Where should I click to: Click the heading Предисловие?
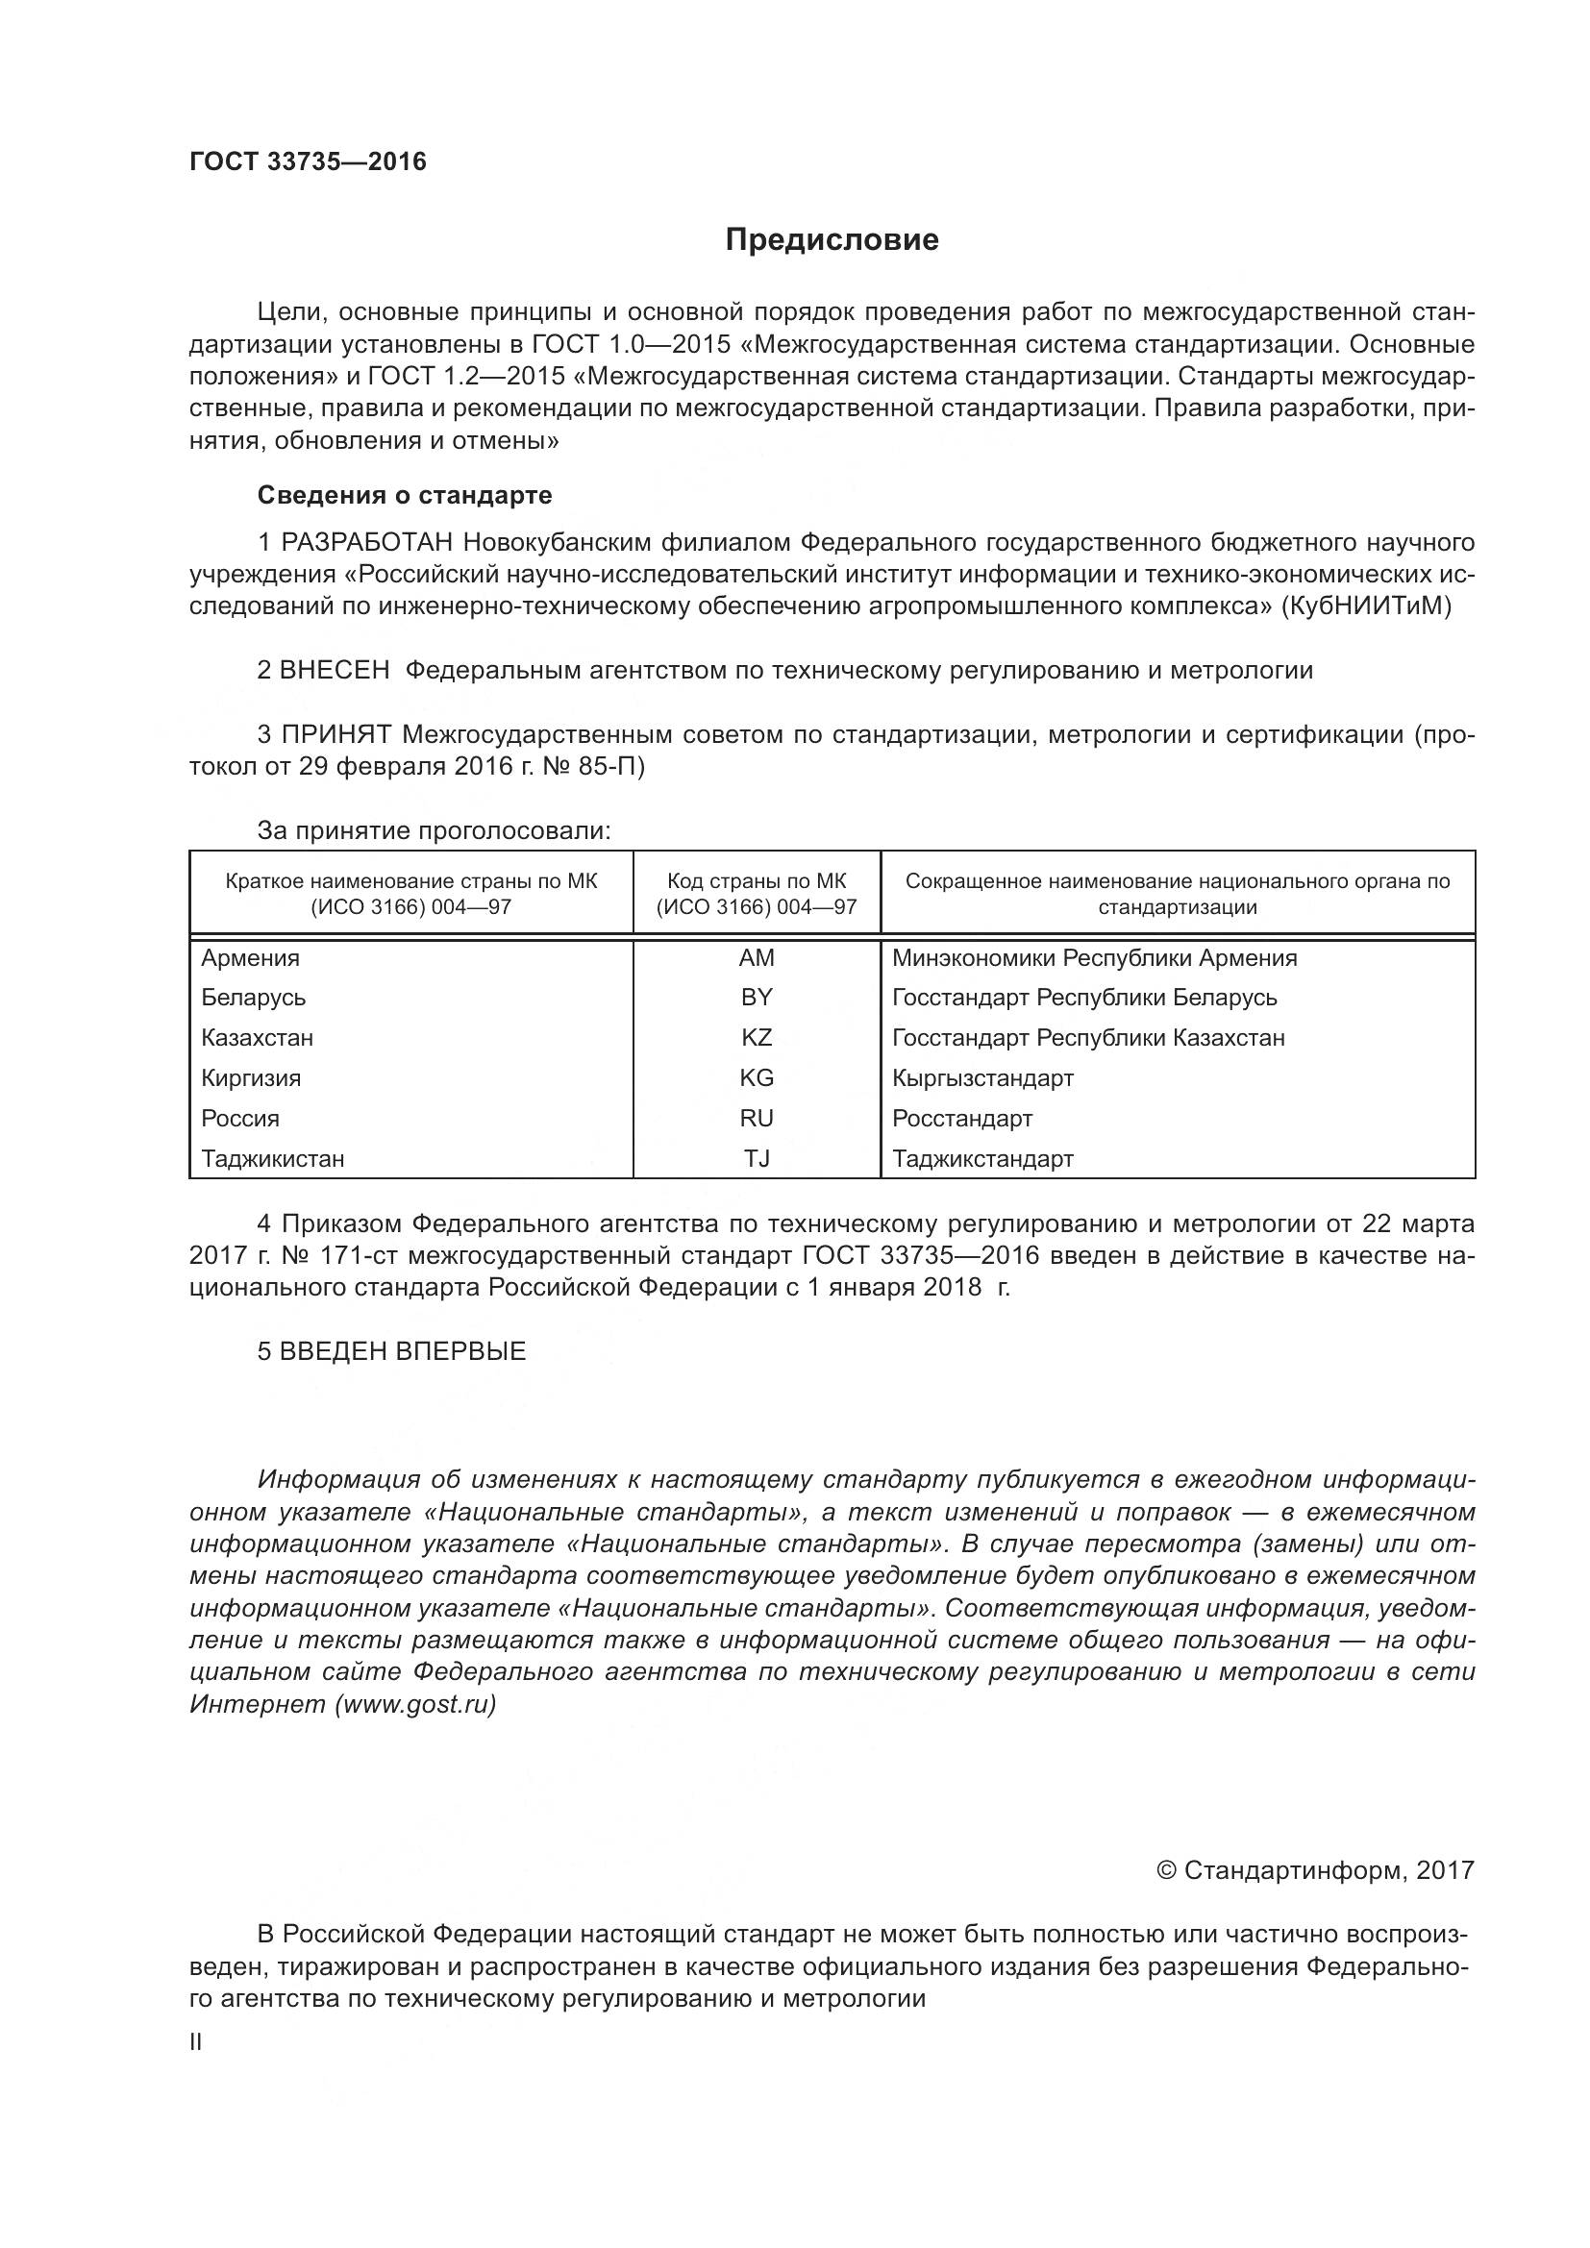pyautogui.click(x=832, y=240)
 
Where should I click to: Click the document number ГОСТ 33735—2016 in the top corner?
pyautogui.click(x=308, y=161)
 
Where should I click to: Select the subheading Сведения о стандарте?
pyautogui.click(x=405, y=495)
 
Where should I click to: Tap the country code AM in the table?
pyautogui.click(x=756, y=958)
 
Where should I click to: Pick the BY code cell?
pyautogui.click(x=756, y=998)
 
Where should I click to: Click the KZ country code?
pyautogui.click(x=756, y=1038)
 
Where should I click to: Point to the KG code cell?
pyautogui.click(x=756, y=1078)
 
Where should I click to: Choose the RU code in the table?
pyautogui.click(x=756, y=1118)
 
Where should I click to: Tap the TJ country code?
pyautogui.click(x=756, y=1159)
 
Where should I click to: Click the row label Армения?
pyautogui.click(x=251, y=958)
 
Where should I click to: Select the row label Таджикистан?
pyautogui.click(x=273, y=1159)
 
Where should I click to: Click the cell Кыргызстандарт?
pyautogui.click(x=982, y=1078)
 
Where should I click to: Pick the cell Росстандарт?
pyautogui.click(x=961, y=1118)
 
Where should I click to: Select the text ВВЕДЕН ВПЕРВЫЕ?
pyautogui.click(x=403, y=1351)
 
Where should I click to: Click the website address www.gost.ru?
pyautogui.click(x=415, y=1705)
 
